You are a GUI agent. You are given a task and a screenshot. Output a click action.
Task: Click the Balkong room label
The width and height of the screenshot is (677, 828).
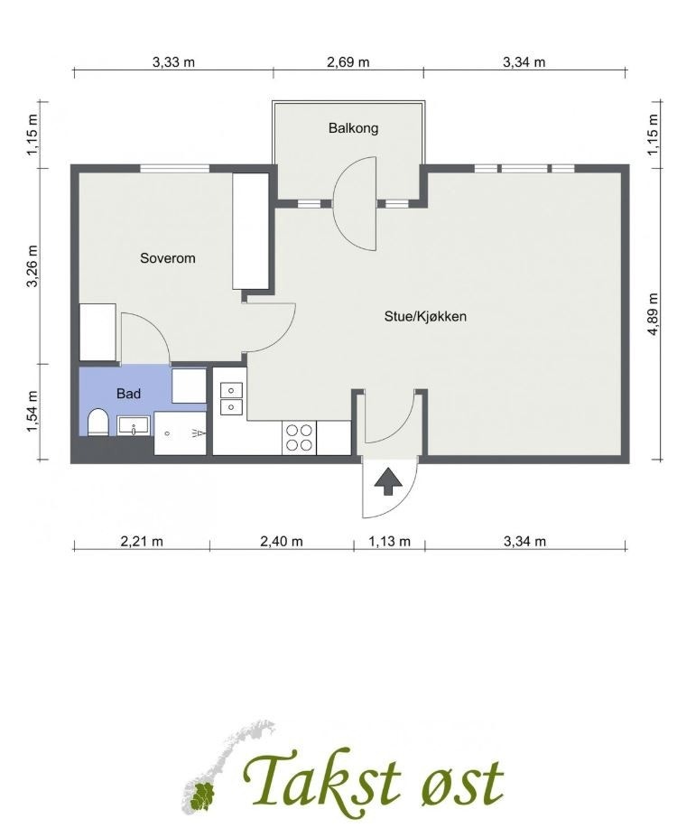point(353,128)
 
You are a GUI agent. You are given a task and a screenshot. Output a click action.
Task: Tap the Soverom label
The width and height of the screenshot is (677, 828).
point(167,258)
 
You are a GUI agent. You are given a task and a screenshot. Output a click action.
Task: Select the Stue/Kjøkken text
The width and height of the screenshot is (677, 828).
point(425,317)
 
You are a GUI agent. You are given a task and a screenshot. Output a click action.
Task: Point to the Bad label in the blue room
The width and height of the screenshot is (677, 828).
point(128,394)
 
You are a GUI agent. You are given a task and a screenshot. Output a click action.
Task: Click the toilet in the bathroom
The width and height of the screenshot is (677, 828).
point(98,423)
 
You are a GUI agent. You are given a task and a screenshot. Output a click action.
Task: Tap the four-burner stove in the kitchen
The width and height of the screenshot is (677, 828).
point(300,437)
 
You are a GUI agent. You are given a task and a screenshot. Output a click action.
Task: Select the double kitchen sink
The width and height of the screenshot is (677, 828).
point(230,398)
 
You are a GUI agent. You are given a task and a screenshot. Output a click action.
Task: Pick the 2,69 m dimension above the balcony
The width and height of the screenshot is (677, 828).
point(348,62)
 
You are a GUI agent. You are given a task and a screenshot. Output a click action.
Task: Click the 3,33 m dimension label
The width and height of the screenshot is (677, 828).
point(173,62)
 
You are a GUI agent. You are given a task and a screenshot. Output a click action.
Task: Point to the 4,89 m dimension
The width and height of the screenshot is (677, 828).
point(653,313)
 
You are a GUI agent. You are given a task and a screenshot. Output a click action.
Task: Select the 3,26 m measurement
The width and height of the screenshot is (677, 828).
point(32,266)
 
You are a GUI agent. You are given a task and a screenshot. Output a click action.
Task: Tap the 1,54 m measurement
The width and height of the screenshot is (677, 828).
point(32,412)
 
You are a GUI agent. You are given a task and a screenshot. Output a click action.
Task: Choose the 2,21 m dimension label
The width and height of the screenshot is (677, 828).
point(142,542)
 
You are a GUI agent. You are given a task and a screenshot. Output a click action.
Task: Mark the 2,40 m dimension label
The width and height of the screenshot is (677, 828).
point(282,542)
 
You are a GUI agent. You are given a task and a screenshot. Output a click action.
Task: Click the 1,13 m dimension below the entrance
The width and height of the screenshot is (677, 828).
point(389,542)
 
